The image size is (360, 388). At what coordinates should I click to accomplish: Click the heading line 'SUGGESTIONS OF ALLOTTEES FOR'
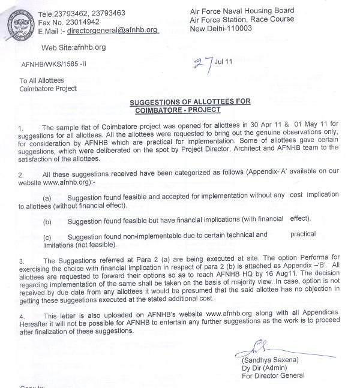pos(190,102)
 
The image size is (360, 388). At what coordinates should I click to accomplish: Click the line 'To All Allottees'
pos(43,80)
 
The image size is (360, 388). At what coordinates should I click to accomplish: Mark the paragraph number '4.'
pos(21,316)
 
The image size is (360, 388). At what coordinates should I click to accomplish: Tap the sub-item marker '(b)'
pos(47,221)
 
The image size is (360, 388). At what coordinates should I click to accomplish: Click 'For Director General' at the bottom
pos(273,376)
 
